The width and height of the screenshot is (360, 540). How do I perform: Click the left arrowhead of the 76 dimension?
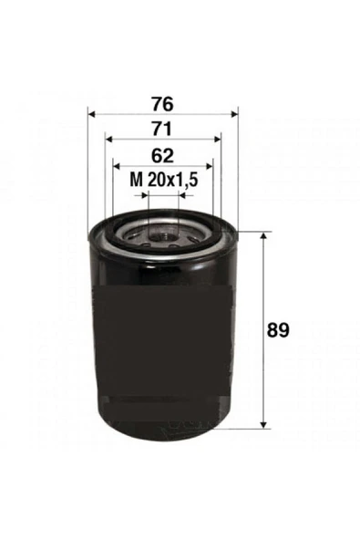tap(93, 114)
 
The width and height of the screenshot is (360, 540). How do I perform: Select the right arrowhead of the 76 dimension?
tap(233, 114)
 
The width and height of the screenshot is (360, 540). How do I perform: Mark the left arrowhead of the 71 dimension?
tap(109, 140)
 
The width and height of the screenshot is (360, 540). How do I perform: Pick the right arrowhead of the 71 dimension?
tap(217, 140)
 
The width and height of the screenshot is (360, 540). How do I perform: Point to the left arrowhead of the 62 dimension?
tap(118, 166)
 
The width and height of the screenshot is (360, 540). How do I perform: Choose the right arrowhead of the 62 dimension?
tap(208, 166)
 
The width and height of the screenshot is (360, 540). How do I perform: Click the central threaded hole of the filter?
tap(163, 238)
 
